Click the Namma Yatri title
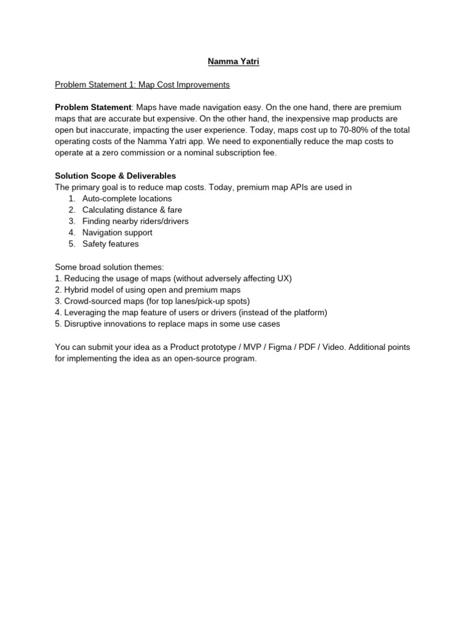(233, 61)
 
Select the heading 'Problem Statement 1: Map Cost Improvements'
(142, 85)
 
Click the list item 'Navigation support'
(117, 232)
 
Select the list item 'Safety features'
(111, 244)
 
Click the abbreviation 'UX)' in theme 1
(285, 278)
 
